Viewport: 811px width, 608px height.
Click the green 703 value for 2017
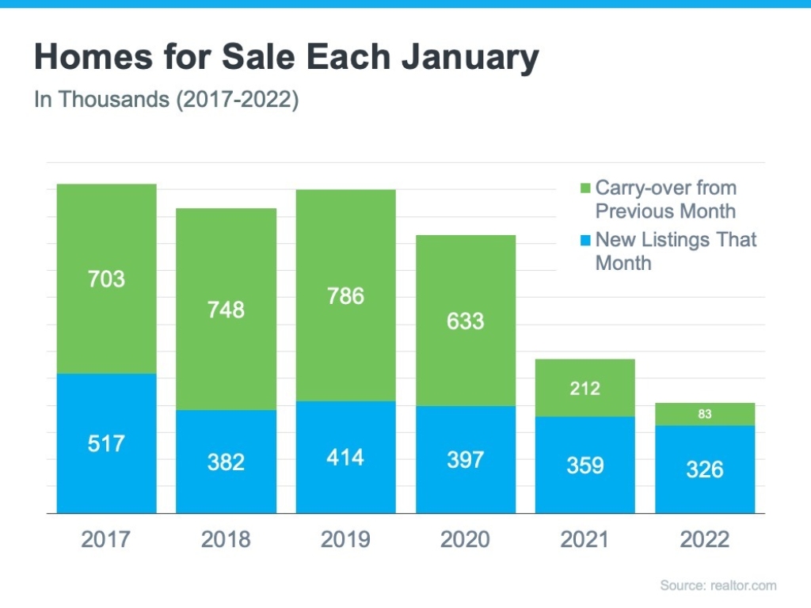[x=107, y=279]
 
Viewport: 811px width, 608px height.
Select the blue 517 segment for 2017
[x=107, y=443]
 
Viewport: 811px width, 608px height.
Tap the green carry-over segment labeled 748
[x=226, y=310]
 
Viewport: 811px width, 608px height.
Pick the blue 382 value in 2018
[x=226, y=461]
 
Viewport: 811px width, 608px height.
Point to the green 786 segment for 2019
[x=346, y=296]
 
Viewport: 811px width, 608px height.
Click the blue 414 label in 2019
[x=346, y=457]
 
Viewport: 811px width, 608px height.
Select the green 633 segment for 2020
[x=465, y=321]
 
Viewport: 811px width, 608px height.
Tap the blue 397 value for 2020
[x=465, y=459]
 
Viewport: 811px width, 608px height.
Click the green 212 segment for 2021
[x=585, y=388]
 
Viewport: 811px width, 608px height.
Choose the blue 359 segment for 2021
[x=585, y=465]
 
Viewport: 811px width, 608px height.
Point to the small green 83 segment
[x=704, y=414]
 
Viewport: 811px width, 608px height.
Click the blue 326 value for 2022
[x=704, y=469]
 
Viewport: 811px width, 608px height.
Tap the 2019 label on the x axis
[x=346, y=540]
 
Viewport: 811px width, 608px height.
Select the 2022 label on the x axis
[x=704, y=540]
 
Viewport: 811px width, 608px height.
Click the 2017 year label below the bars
[x=107, y=540]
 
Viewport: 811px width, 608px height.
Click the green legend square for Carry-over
[x=586, y=189]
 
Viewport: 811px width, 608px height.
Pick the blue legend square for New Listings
[x=586, y=241]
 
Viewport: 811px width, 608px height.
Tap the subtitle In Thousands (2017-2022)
[x=166, y=101]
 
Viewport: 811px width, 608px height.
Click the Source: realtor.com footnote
[x=718, y=586]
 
